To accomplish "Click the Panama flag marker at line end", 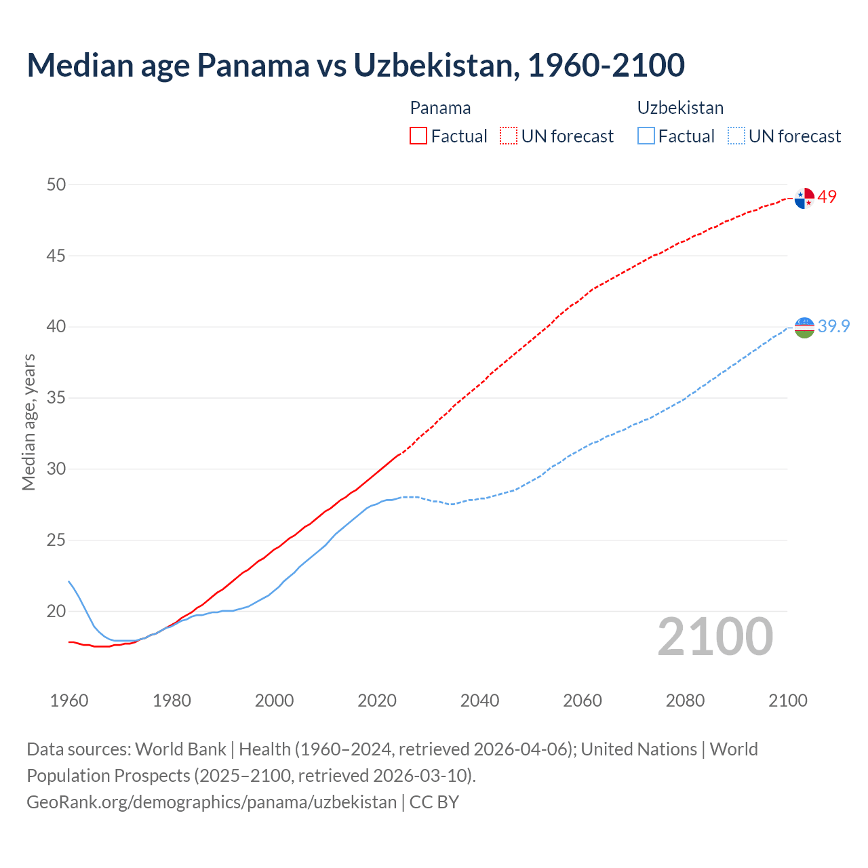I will tap(804, 198).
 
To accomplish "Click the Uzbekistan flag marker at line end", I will tap(804, 327).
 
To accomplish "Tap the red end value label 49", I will tap(827, 197).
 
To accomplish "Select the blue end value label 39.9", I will tap(833, 326).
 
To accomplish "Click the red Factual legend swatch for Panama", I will tap(418, 136).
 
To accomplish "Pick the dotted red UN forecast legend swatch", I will tap(509, 136).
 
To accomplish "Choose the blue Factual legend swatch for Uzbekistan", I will tap(646, 136).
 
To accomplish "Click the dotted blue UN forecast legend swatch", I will tap(736, 136).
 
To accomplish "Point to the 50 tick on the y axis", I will tap(56, 184).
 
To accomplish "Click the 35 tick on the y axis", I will tap(56, 398).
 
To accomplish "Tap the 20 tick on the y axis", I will tap(56, 612).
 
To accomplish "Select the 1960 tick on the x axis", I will tap(69, 701).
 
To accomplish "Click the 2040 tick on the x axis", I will tap(479, 701).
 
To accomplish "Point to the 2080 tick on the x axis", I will tap(685, 701).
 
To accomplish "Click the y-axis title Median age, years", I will tap(28, 422).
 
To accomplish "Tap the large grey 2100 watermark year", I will tap(715, 637).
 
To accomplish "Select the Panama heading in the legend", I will tap(440, 108).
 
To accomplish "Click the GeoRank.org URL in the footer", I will tap(212, 802).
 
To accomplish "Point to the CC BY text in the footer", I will tap(434, 802).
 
